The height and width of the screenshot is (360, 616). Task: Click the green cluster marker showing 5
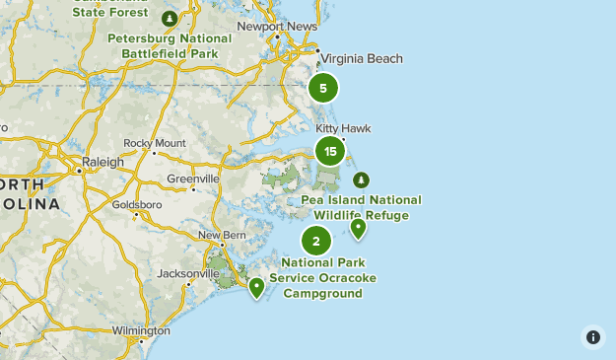pos(323,88)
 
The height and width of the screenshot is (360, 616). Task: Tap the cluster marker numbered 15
pos(330,151)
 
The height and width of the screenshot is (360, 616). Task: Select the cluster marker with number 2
pos(316,240)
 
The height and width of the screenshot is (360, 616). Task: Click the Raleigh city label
pos(104,162)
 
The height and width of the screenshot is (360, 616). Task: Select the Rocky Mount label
pos(155,143)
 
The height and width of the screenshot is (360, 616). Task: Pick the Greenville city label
pos(193,179)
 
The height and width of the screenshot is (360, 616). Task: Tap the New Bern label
pos(221,235)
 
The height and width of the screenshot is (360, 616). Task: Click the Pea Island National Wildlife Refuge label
pos(362,207)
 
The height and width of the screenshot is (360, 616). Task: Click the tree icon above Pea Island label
pos(361,180)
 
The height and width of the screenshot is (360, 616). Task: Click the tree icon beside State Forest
pos(170,18)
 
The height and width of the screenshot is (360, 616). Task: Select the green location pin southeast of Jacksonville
pos(256,287)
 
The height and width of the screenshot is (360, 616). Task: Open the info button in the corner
pos(592,336)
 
